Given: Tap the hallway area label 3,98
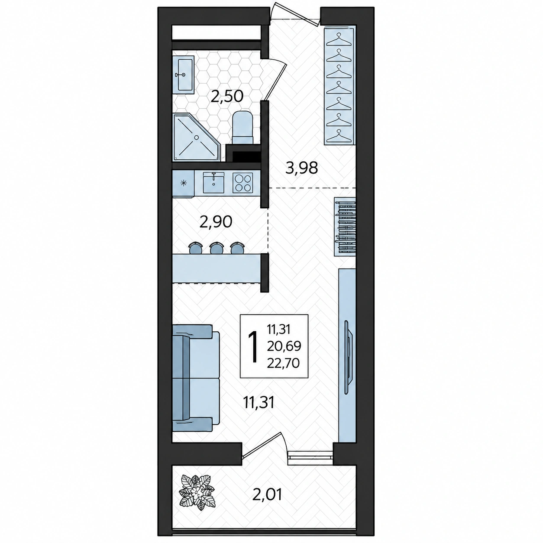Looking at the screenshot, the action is [x=301, y=168].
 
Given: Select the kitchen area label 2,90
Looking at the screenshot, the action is [x=216, y=222].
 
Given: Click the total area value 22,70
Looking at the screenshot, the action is [x=283, y=364].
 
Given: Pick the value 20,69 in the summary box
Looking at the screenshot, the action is [x=284, y=346].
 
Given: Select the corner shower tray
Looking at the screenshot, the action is [x=196, y=137].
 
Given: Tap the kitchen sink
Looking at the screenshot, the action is [x=213, y=182].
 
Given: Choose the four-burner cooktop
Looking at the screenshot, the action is [x=242, y=183].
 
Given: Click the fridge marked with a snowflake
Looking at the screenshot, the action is [x=184, y=184].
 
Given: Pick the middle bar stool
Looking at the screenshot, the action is [x=216, y=248].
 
